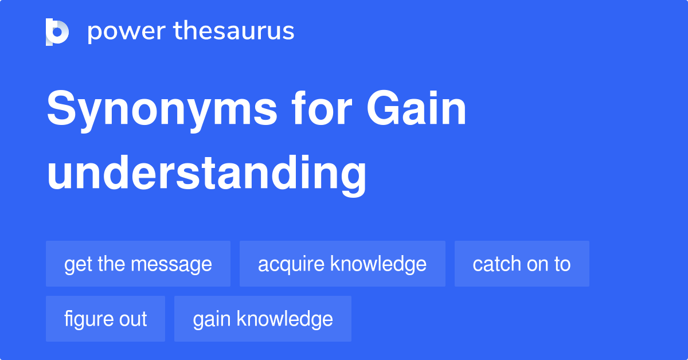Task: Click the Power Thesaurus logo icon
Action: pos(57,32)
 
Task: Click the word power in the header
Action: pos(127,32)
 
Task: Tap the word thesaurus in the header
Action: pos(234,30)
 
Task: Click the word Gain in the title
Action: pos(416,108)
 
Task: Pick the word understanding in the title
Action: pos(206,175)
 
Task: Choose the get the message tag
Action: pos(138,264)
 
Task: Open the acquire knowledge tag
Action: pos(342,264)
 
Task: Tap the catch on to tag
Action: pos(522,264)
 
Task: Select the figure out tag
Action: pos(105,319)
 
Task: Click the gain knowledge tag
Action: pos(263,319)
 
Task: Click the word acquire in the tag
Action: pos(291,265)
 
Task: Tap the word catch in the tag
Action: pos(497,264)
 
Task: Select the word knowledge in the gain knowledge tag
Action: pos(285,319)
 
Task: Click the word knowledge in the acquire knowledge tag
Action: pos(378,265)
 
